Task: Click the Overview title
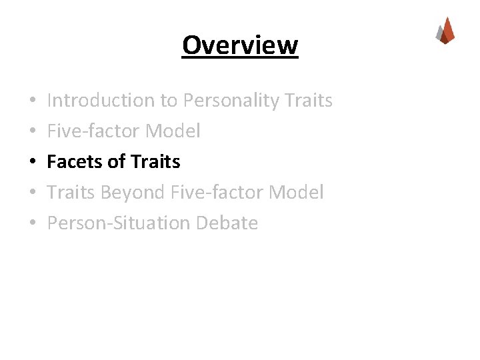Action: click(240, 45)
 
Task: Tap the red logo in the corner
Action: click(445, 31)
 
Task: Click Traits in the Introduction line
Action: click(308, 101)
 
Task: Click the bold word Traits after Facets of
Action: click(156, 161)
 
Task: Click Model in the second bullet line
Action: click(173, 131)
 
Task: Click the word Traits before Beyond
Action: click(71, 193)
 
